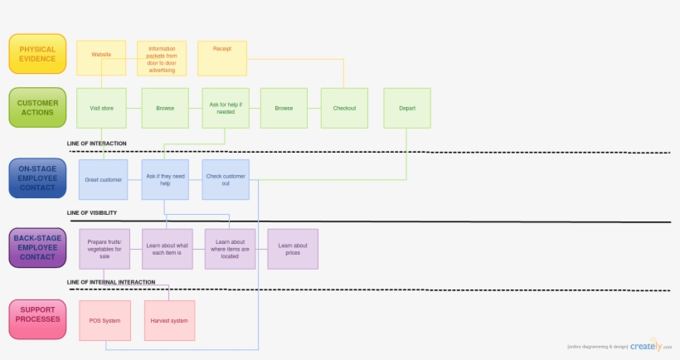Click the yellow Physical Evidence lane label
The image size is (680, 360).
click(x=37, y=53)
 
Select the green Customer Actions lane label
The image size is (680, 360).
click(x=37, y=108)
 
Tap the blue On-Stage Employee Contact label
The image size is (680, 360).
click(x=37, y=178)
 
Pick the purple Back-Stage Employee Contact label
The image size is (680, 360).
click(x=37, y=248)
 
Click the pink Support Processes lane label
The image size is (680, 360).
click(x=37, y=319)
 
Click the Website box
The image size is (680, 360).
click(x=101, y=57)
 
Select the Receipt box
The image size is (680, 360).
click(x=221, y=57)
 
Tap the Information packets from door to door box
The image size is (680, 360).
click(x=162, y=58)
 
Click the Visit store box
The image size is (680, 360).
click(x=101, y=108)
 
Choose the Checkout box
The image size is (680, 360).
click(x=344, y=108)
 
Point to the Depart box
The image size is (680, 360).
click(x=407, y=108)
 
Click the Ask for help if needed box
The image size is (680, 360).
click(x=226, y=108)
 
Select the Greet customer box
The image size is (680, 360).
click(x=104, y=179)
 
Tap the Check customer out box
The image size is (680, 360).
click(x=226, y=179)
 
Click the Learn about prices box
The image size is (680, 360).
click(x=293, y=249)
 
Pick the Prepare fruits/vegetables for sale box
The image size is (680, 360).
click(x=104, y=249)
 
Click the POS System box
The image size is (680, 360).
click(x=104, y=320)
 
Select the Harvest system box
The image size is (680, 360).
click(x=169, y=320)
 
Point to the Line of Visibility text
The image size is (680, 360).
click(x=92, y=213)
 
